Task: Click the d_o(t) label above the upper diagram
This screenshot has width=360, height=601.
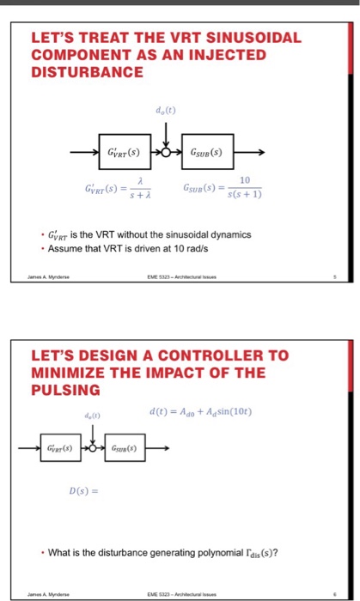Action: click(164, 109)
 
